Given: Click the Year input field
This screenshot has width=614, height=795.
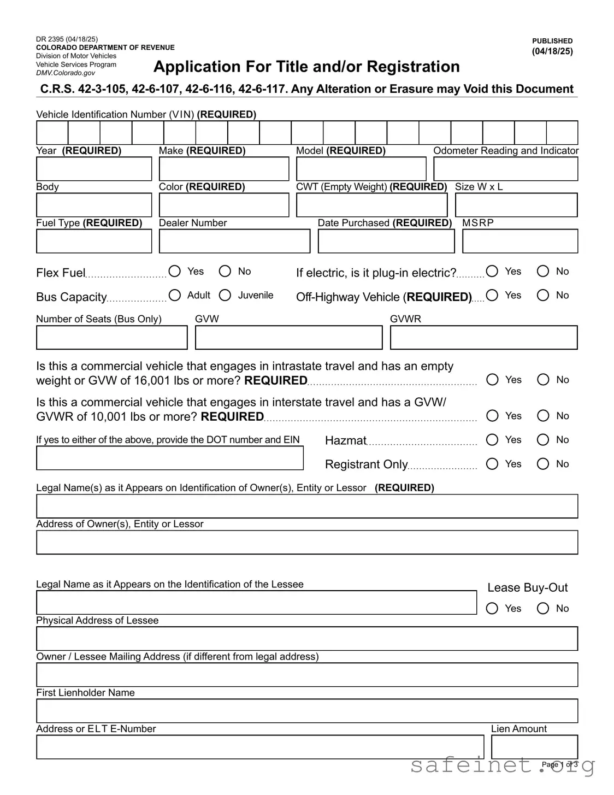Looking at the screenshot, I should (94, 169).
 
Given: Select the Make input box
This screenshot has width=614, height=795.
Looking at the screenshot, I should (223, 169).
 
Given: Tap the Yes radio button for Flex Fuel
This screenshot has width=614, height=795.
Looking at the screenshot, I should (175, 271).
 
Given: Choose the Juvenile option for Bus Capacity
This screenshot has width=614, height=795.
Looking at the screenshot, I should (225, 295).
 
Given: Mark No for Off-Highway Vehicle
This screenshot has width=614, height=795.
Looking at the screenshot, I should (543, 295).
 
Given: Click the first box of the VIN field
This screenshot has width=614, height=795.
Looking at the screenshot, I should (52, 133).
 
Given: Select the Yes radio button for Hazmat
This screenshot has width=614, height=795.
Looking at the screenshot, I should (492, 440).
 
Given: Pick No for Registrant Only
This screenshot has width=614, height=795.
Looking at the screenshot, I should (543, 464).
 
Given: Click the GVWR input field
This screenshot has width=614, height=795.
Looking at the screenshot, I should (483, 338).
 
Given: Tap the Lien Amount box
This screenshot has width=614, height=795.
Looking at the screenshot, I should (534, 747).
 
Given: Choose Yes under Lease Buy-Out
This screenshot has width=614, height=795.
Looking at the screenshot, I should (492, 608).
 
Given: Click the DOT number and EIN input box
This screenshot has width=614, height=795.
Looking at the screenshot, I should (169, 458).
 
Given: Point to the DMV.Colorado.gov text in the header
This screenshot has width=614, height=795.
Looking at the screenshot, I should (66, 73).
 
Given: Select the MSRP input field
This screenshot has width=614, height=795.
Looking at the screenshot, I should (519, 241).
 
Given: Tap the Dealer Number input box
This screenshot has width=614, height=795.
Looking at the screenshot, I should (234, 241).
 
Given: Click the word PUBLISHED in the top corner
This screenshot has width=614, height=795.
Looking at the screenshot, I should (552, 41).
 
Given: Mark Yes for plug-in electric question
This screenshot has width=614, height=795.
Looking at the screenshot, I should (492, 271).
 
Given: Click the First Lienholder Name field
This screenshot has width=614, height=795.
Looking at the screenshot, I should (307, 711).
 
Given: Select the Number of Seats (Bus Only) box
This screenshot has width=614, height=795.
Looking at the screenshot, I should (111, 338).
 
